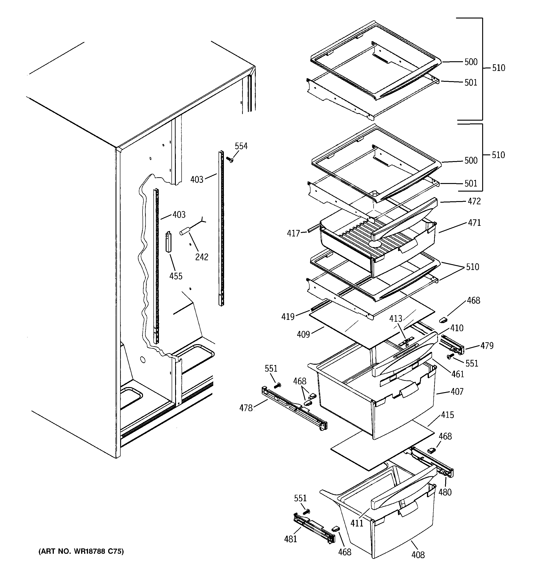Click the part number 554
pyautogui.click(x=241, y=146)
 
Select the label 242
pyautogui.click(x=202, y=257)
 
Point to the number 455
pyautogui.click(x=176, y=276)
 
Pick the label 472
pyautogui.click(x=474, y=201)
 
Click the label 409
pyautogui.click(x=303, y=334)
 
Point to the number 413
pyautogui.click(x=396, y=319)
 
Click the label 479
pyautogui.click(x=487, y=346)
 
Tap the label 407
pyautogui.click(x=457, y=392)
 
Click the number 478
pyautogui.click(x=246, y=408)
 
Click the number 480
pyautogui.click(x=445, y=492)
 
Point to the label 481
pyautogui.click(x=290, y=539)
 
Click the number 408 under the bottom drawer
pyautogui.click(x=418, y=555)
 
